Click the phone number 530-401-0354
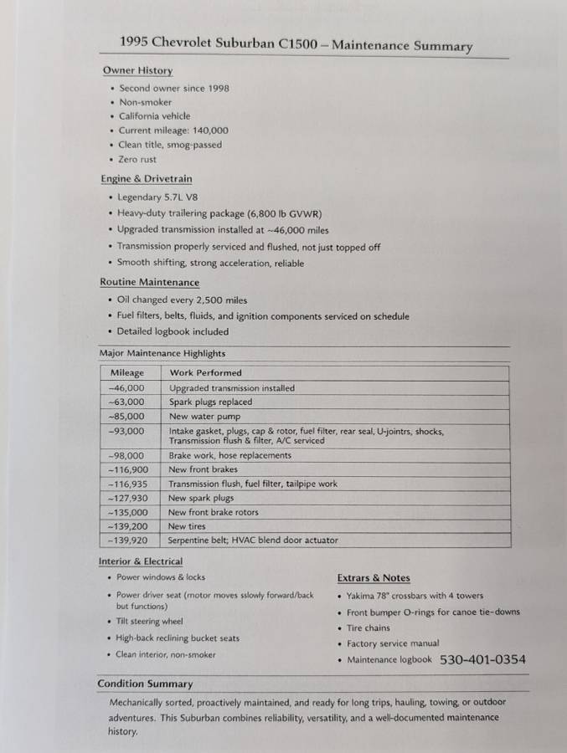tap(482, 660)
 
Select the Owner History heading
tap(137, 70)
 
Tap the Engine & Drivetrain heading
tap(146, 178)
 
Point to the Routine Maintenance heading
tap(149, 283)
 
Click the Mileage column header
tap(126, 372)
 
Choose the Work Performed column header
tap(205, 372)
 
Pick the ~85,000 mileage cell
tap(126, 416)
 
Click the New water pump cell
tap(198, 416)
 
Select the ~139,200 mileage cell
tap(127, 526)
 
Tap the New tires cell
tap(188, 526)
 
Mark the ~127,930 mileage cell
tap(127, 498)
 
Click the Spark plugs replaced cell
tap(210, 402)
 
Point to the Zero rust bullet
tap(137, 159)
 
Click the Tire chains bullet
tap(369, 628)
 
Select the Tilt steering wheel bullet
tap(149, 622)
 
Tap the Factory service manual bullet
tap(393, 644)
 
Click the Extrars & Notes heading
tap(374, 578)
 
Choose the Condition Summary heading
tap(145, 684)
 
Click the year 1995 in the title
tap(137, 41)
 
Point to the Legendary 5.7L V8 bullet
tap(164, 197)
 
